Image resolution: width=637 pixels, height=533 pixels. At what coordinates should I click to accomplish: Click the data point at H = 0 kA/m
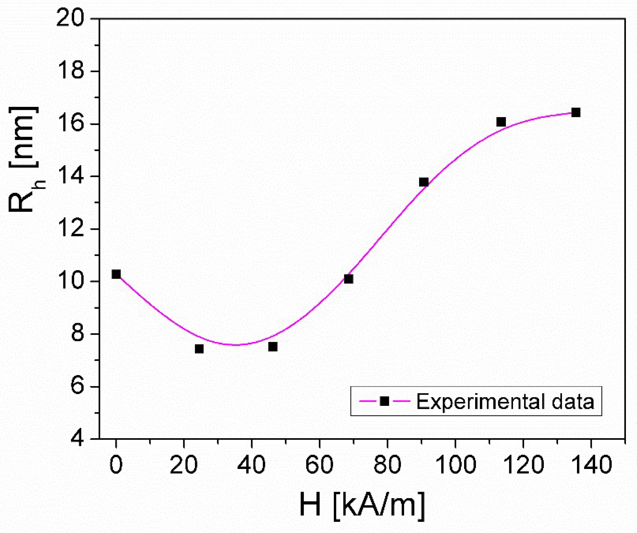[x=116, y=274]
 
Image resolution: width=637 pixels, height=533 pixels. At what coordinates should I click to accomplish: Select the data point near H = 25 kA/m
[x=199, y=349]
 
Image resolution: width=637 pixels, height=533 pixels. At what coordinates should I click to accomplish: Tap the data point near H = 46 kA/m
[x=273, y=347]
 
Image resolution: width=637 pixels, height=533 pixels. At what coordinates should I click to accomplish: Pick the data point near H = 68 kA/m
[x=348, y=279]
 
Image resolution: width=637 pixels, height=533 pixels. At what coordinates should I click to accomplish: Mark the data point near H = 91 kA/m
[x=424, y=182]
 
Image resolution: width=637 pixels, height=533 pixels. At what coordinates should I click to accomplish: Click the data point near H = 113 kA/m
[x=501, y=122]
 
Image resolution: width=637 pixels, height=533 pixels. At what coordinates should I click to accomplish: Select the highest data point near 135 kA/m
[x=576, y=112]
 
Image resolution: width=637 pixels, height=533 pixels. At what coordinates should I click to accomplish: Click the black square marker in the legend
[x=384, y=401]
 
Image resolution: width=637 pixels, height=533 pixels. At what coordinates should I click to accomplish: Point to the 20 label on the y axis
[x=70, y=18]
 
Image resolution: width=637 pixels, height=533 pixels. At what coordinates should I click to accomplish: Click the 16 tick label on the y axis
[x=70, y=124]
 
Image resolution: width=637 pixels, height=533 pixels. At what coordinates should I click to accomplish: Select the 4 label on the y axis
[x=77, y=438]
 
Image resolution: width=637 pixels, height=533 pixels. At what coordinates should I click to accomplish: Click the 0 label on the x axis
[x=116, y=465]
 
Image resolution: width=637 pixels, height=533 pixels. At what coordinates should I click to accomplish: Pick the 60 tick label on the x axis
[x=319, y=465]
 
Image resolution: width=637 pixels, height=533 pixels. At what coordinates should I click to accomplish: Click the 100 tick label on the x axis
[x=456, y=465]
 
